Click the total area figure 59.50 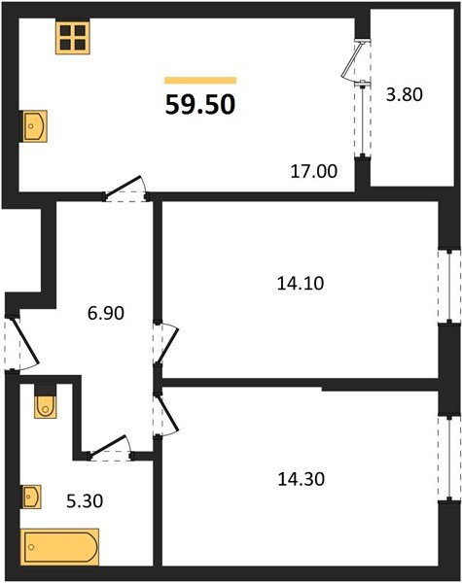[200, 105]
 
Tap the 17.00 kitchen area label [313, 172]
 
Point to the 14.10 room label [300, 284]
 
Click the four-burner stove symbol [71, 38]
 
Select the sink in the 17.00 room [35, 125]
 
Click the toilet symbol [45, 402]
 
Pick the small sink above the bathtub [32, 497]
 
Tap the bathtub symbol [60, 546]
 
